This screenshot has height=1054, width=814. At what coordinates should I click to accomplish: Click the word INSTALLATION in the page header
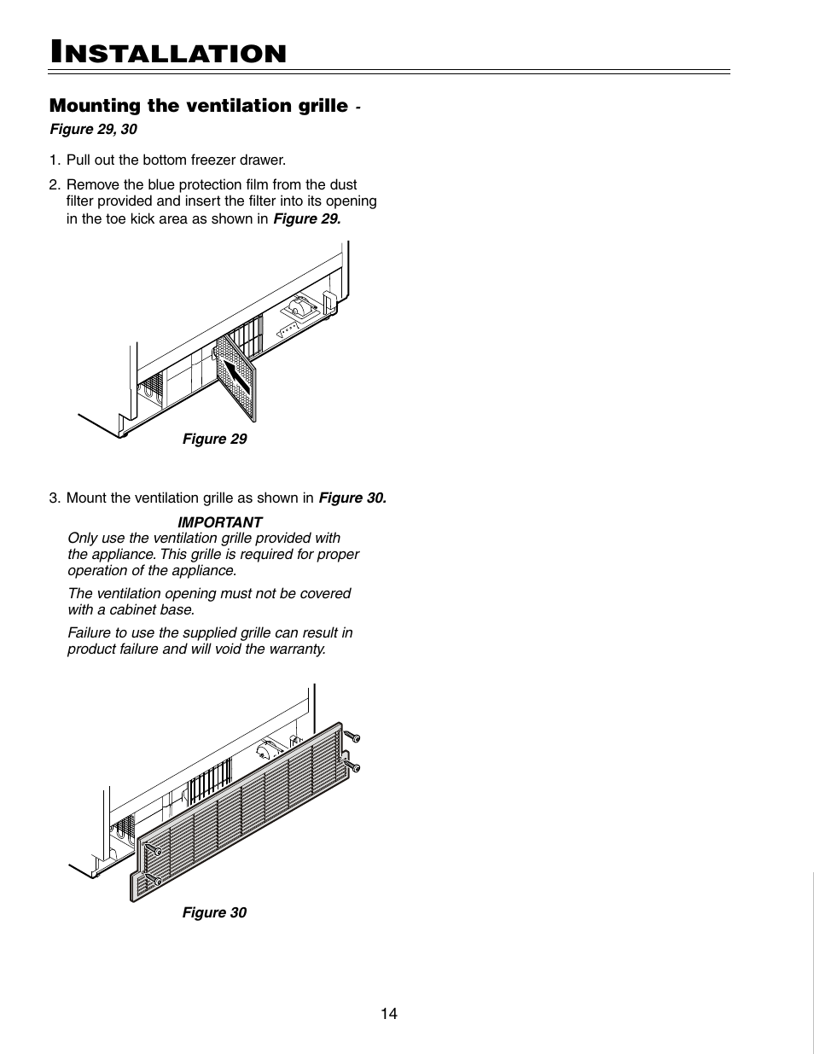click(168, 53)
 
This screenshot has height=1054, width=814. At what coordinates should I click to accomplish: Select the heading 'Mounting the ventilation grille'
click(199, 106)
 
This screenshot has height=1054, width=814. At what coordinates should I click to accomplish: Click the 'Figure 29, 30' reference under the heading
click(93, 130)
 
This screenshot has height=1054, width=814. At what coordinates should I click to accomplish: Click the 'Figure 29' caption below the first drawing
click(214, 439)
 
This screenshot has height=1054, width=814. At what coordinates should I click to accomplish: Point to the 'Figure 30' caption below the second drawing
click(214, 912)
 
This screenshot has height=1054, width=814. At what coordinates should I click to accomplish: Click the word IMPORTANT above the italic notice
click(220, 521)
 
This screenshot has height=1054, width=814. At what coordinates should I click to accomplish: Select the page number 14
click(389, 1014)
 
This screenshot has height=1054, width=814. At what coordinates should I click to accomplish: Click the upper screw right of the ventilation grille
click(352, 735)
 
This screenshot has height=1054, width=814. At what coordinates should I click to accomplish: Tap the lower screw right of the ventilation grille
click(353, 766)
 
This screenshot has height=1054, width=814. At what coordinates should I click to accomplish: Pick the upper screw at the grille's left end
click(157, 850)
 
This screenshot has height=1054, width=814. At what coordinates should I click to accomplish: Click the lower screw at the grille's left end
click(156, 879)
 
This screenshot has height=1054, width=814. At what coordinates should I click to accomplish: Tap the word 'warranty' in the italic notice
click(295, 649)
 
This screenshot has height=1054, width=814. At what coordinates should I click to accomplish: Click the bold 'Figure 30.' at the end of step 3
click(352, 498)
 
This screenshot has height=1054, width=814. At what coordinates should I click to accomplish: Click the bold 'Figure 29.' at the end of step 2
click(306, 218)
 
